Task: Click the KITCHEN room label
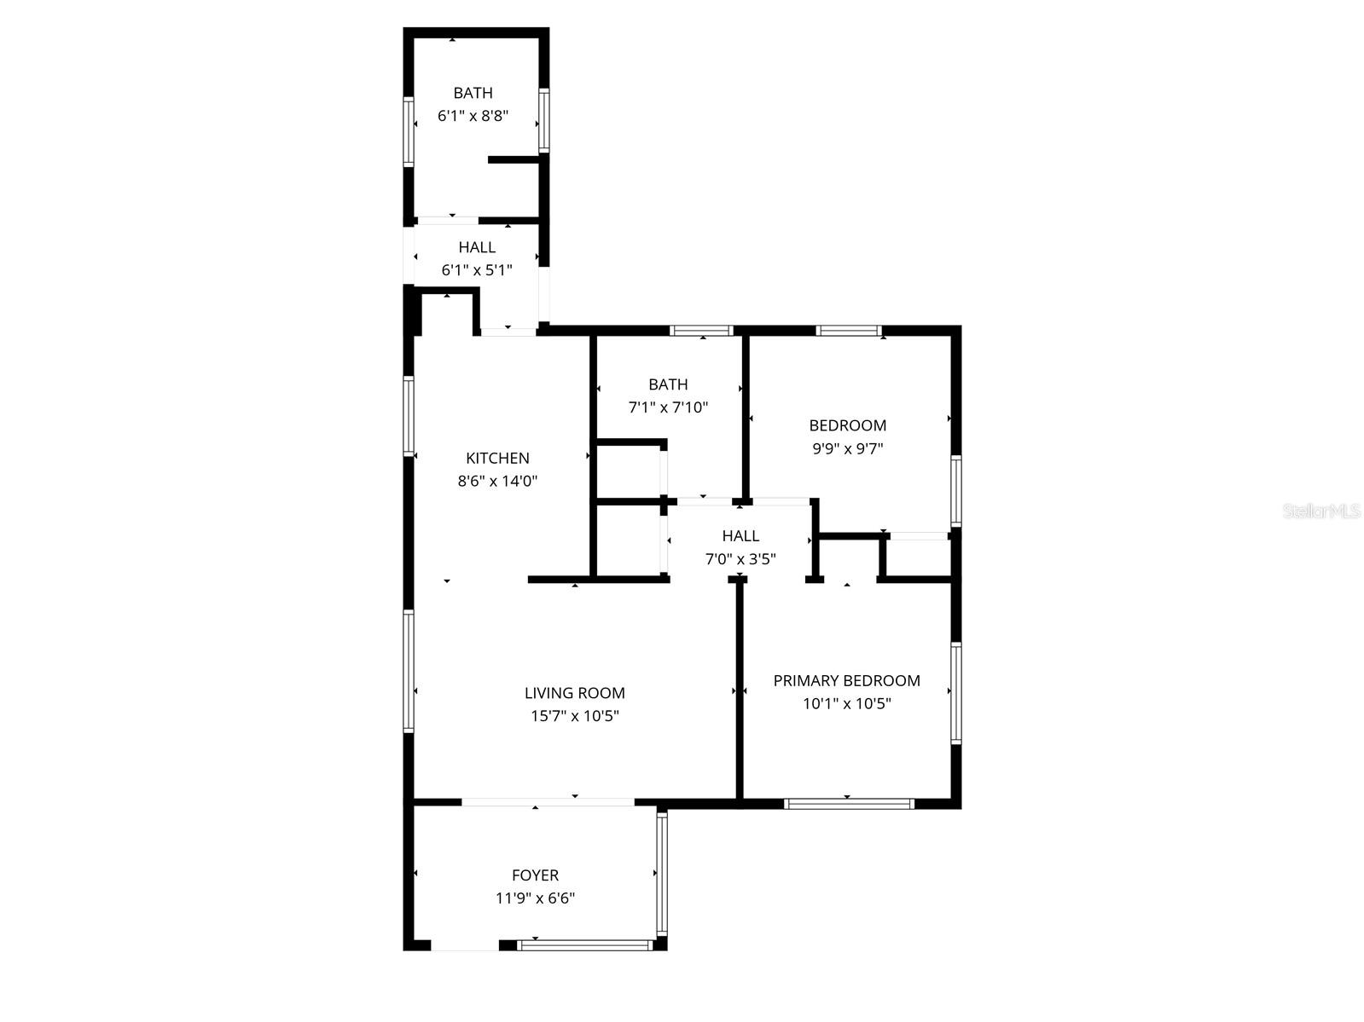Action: pyautogui.click(x=497, y=459)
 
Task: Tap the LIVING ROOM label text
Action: pyautogui.click(x=574, y=693)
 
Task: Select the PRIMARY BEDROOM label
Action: pyautogui.click(x=846, y=680)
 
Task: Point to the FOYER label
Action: pyautogui.click(x=535, y=875)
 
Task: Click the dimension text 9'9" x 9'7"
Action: pyautogui.click(x=847, y=448)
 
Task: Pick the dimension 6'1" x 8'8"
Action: pyautogui.click(x=473, y=116)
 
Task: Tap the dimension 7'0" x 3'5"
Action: pyautogui.click(x=740, y=559)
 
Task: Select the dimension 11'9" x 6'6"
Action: pyautogui.click(x=535, y=898)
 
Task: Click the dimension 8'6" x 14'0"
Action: pyautogui.click(x=497, y=481)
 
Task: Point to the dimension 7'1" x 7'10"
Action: pyautogui.click(x=668, y=407)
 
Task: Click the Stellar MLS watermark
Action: pyautogui.click(x=1321, y=511)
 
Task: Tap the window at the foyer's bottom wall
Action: pyautogui.click(x=585, y=944)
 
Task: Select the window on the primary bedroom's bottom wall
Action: pyautogui.click(x=849, y=803)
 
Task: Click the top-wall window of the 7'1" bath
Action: pyautogui.click(x=701, y=331)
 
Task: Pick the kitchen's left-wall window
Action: pyautogui.click(x=409, y=415)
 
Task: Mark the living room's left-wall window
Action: pyautogui.click(x=409, y=671)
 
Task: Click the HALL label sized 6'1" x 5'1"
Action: pyautogui.click(x=477, y=247)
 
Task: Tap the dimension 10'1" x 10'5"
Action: pyautogui.click(x=846, y=704)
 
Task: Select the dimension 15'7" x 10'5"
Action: pyautogui.click(x=574, y=716)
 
